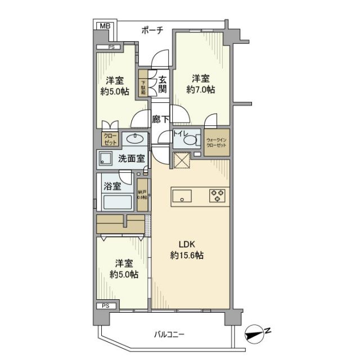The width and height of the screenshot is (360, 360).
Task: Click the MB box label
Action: tap(104, 26)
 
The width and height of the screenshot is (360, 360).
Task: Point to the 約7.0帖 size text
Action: tap(201, 89)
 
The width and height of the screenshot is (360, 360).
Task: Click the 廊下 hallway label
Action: tap(161, 119)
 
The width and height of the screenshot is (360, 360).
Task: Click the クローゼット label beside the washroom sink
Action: tap(109, 138)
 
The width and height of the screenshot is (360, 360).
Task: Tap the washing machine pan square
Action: tap(105, 159)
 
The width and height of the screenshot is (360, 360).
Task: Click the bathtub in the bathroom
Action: tap(118, 201)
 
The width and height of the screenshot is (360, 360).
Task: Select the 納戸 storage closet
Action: tap(143, 195)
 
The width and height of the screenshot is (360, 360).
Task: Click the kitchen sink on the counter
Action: tap(182, 196)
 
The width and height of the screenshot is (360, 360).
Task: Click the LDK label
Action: tap(188, 245)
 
